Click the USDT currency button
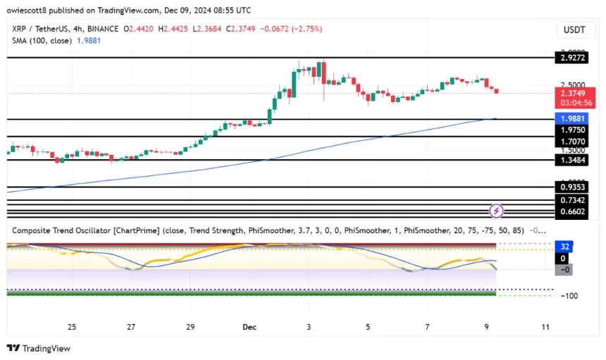[574, 30]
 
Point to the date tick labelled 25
[72, 327]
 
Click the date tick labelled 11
[545, 327]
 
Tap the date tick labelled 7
[427, 327]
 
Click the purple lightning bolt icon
[496, 210]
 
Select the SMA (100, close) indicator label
[42, 42]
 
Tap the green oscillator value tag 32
[564, 247]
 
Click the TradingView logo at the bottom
[39, 348]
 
